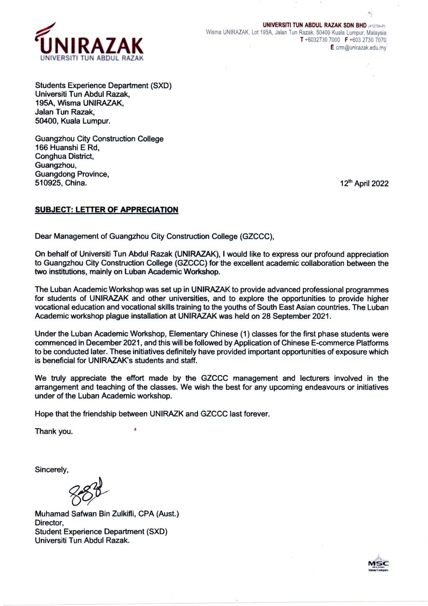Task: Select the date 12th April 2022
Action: [x=364, y=183]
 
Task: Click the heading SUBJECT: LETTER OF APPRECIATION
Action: [x=107, y=210]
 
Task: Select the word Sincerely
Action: [x=51, y=470]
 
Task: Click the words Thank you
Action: [x=53, y=431]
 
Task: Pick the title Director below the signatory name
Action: [x=49, y=523]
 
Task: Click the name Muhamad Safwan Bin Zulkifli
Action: [x=86, y=514]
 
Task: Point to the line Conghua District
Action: [x=64, y=157]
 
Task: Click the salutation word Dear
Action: [x=43, y=236]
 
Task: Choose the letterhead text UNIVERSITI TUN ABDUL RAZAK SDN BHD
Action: [x=314, y=25]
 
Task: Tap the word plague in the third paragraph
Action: [x=119, y=316]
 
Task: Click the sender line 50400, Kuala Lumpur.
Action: [x=73, y=121]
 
